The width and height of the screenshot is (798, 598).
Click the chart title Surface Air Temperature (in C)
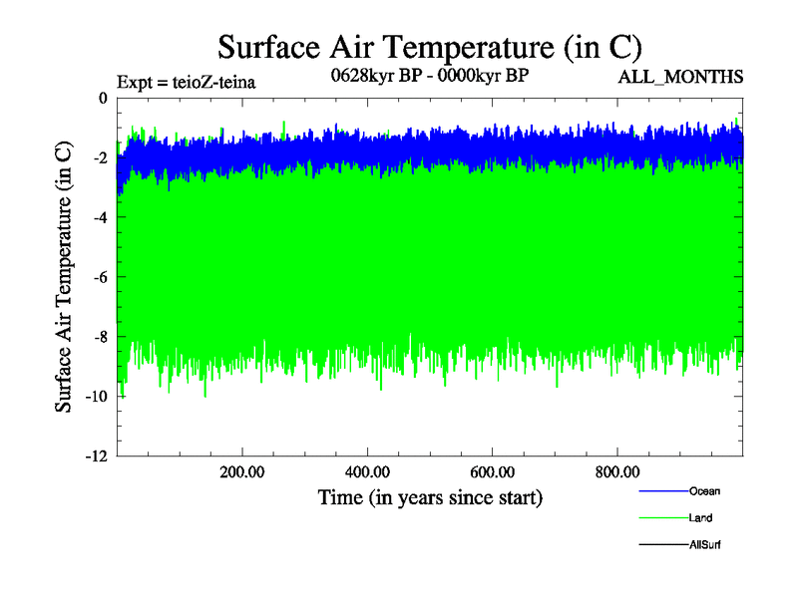pos(429,47)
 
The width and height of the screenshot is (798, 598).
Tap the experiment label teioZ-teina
pos(187,83)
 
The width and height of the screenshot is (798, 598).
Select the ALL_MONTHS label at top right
pos(680,77)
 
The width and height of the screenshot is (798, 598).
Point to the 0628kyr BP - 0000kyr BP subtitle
pos(429,77)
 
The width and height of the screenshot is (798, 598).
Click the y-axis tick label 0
pos(101,98)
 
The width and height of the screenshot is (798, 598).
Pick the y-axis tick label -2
pos(98,157)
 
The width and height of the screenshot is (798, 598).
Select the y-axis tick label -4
pos(98,217)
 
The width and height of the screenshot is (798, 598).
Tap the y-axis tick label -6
pos(98,277)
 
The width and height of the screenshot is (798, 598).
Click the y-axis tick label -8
pos(98,337)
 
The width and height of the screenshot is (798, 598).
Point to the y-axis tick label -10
pos(94,397)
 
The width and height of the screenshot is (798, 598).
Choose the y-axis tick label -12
pos(94,456)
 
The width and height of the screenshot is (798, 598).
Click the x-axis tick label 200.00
pos(242,472)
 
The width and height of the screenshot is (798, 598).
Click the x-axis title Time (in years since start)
pos(429,496)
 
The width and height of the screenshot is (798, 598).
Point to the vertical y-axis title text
pos(64,277)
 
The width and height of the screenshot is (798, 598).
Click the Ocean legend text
pos(704,491)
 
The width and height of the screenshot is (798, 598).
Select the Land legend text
pos(700,518)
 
